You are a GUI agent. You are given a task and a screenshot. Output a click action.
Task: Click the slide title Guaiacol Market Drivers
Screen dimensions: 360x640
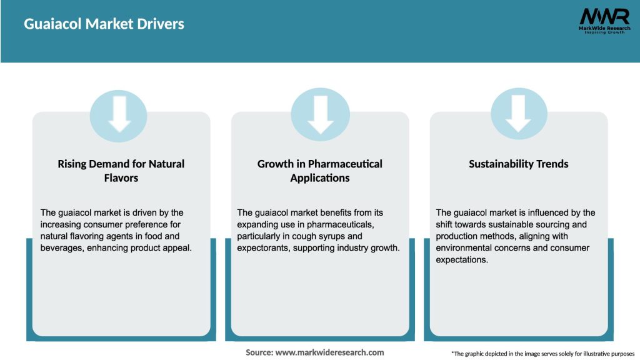click(104, 24)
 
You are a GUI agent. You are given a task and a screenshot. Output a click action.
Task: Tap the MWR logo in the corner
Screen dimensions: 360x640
click(604, 17)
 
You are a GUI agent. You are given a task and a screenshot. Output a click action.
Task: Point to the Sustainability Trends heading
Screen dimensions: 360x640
click(519, 164)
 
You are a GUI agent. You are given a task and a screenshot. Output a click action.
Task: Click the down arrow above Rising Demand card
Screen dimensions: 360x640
click(119, 114)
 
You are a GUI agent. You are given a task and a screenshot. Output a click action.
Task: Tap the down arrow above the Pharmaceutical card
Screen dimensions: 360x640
click(320, 114)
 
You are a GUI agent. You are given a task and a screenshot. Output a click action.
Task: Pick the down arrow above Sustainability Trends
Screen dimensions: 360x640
click(519, 114)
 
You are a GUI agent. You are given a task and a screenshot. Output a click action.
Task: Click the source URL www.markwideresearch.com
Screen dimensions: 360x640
click(329, 352)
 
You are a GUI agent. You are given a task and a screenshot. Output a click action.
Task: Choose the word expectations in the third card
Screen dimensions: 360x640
click(462, 260)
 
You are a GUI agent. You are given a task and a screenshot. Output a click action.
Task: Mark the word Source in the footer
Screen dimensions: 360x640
click(259, 352)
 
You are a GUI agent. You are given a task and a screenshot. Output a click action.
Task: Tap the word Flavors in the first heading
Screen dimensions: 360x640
click(121, 177)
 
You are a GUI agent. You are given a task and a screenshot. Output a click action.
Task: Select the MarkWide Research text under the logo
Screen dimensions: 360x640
click(604, 29)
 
